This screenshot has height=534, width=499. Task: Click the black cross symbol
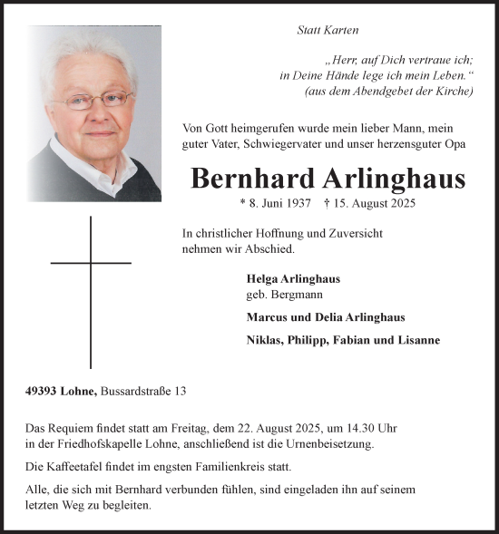point(91,290)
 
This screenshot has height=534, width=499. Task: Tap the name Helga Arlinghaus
point(287,279)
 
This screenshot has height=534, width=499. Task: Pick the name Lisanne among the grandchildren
point(416,340)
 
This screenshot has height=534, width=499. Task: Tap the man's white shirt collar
point(73,154)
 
